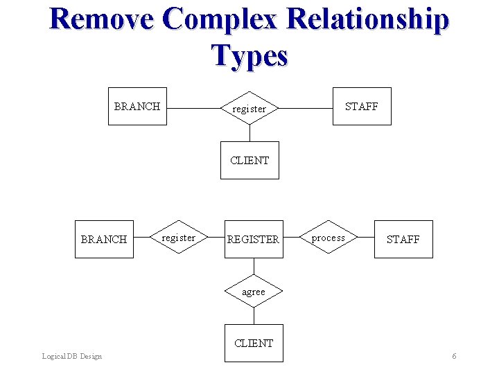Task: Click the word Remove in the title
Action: pyautogui.click(x=101, y=19)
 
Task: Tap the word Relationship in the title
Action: pyautogui.click(x=367, y=19)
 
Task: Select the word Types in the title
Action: pyautogui.click(x=249, y=55)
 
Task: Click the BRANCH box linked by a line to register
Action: pyautogui.click(x=137, y=106)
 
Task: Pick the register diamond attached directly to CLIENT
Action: pyautogui.click(x=249, y=108)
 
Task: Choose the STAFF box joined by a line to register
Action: pyautogui.click(x=362, y=106)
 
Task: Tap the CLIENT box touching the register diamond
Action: pyautogui.click(x=249, y=160)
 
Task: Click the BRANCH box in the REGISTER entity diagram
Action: pyautogui.click(x=104, y=239)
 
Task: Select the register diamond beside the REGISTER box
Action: pyautogui.click(x=179, y=238)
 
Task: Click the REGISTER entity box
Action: pyautogui.click(x=254, y=239)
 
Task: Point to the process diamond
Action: pyautogui.click(x=329, y=238)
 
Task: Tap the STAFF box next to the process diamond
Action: pyautogui.click(x=403, y=239)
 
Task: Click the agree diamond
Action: pyautogui.click(x=254, y=292)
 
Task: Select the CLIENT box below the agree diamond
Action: pyautogui.click(x=254, y=343)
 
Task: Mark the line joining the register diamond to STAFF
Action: pyautogui.click(x=305, y=108)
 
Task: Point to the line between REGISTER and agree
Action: pyautogui.click(x=254, y=267)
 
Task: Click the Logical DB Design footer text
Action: pyautogui.click(x=71, y=356)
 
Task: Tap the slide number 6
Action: pyautogui.click(x=454, y=356)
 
